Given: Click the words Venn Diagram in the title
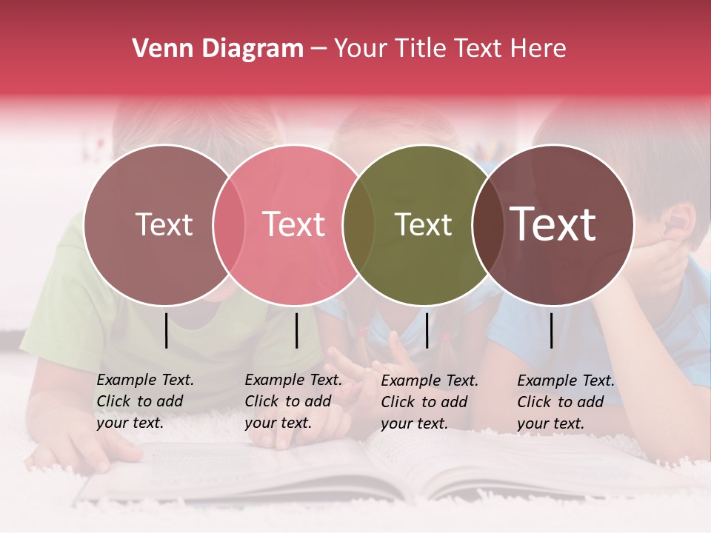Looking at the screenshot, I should tap(218, 49).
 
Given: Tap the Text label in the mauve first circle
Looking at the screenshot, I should tap(164, 225).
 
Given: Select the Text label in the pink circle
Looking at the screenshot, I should tap(293, 225).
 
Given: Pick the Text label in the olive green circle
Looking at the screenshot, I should tap(423, 225).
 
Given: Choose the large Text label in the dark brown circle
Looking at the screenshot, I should tap(553, 224).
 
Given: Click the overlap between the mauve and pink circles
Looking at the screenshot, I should tap(229, 225).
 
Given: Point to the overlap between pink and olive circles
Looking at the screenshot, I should tap(358, 225).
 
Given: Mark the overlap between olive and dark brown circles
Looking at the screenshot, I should tap(487, 225).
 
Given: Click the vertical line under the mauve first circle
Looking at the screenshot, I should tap(166, 330).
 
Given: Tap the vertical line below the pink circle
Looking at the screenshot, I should tap(296, 330).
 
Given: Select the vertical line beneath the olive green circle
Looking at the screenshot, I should tap(427, 330).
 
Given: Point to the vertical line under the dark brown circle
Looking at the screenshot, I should tap(552, 330).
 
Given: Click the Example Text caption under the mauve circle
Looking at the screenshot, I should tap(144, 401).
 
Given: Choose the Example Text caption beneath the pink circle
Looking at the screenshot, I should tap(293, 401).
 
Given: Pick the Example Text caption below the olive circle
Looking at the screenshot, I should tap(429, 402).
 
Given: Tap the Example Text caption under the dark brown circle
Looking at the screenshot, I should tap(565, 402).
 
